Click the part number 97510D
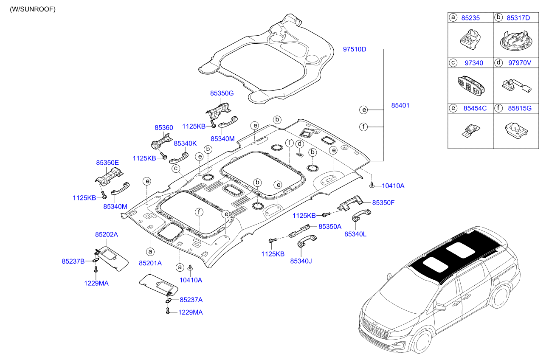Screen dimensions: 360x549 click(x=355, y=49)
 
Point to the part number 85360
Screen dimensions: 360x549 click(x=163, y=127)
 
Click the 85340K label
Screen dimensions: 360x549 click(x=185, y=143)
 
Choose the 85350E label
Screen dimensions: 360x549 click(x=107, y=162)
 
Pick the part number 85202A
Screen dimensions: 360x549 click(x=106, y=234)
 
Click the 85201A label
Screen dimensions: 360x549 click(x=150, y=263)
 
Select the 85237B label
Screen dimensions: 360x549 click(x=73, y=261)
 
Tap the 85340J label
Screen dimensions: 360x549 click(x=301, y=261)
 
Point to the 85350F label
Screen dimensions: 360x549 click(x=383, y=202)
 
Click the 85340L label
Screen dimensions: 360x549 click(x=355, y=234)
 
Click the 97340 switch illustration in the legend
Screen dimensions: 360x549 click(x=470, y=87)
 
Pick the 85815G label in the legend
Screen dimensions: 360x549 click(x=519, y=108)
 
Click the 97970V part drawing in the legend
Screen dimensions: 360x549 click(x=516, y=86)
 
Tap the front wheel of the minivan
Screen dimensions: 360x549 click(x=422, y=340)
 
